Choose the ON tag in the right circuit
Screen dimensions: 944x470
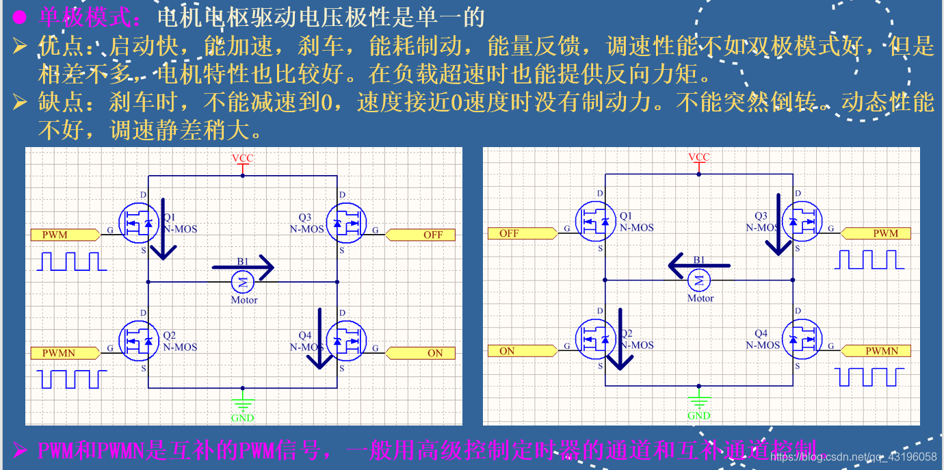click(x=519, y=351)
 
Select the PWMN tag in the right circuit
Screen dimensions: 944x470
click(x=879, y=351)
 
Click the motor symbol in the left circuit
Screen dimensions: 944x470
click(x=244, y=280)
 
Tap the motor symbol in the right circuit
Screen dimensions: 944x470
click(x=700, y=278)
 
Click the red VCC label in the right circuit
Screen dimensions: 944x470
click(x=698, y=157)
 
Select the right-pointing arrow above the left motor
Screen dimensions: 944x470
click(x=243, y=267)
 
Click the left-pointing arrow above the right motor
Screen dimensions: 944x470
click(x=698, y=264)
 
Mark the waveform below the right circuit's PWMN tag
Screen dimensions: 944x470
click(x=867, y=377)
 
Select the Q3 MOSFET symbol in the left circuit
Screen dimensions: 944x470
click(x=345, y=223)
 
